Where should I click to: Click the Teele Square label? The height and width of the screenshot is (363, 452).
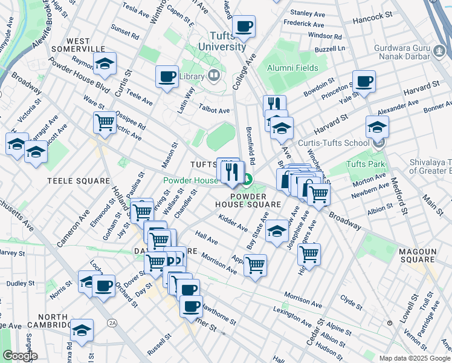tap(80, 180)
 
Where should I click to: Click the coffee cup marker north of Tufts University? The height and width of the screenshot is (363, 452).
tap(244, 26)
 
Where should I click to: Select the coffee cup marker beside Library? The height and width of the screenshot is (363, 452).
tap(167, 77)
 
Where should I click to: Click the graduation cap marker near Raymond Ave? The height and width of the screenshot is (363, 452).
tap(105, 64)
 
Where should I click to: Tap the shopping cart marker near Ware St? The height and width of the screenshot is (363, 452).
tap(105, 123)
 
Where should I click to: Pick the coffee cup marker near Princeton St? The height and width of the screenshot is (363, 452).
tap(364, 81)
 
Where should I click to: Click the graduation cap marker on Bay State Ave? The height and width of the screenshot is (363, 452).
tap(277, 231)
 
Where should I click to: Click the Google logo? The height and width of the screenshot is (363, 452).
tap(20, 356)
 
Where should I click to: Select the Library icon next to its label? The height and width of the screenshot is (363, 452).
tap(213, 76)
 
